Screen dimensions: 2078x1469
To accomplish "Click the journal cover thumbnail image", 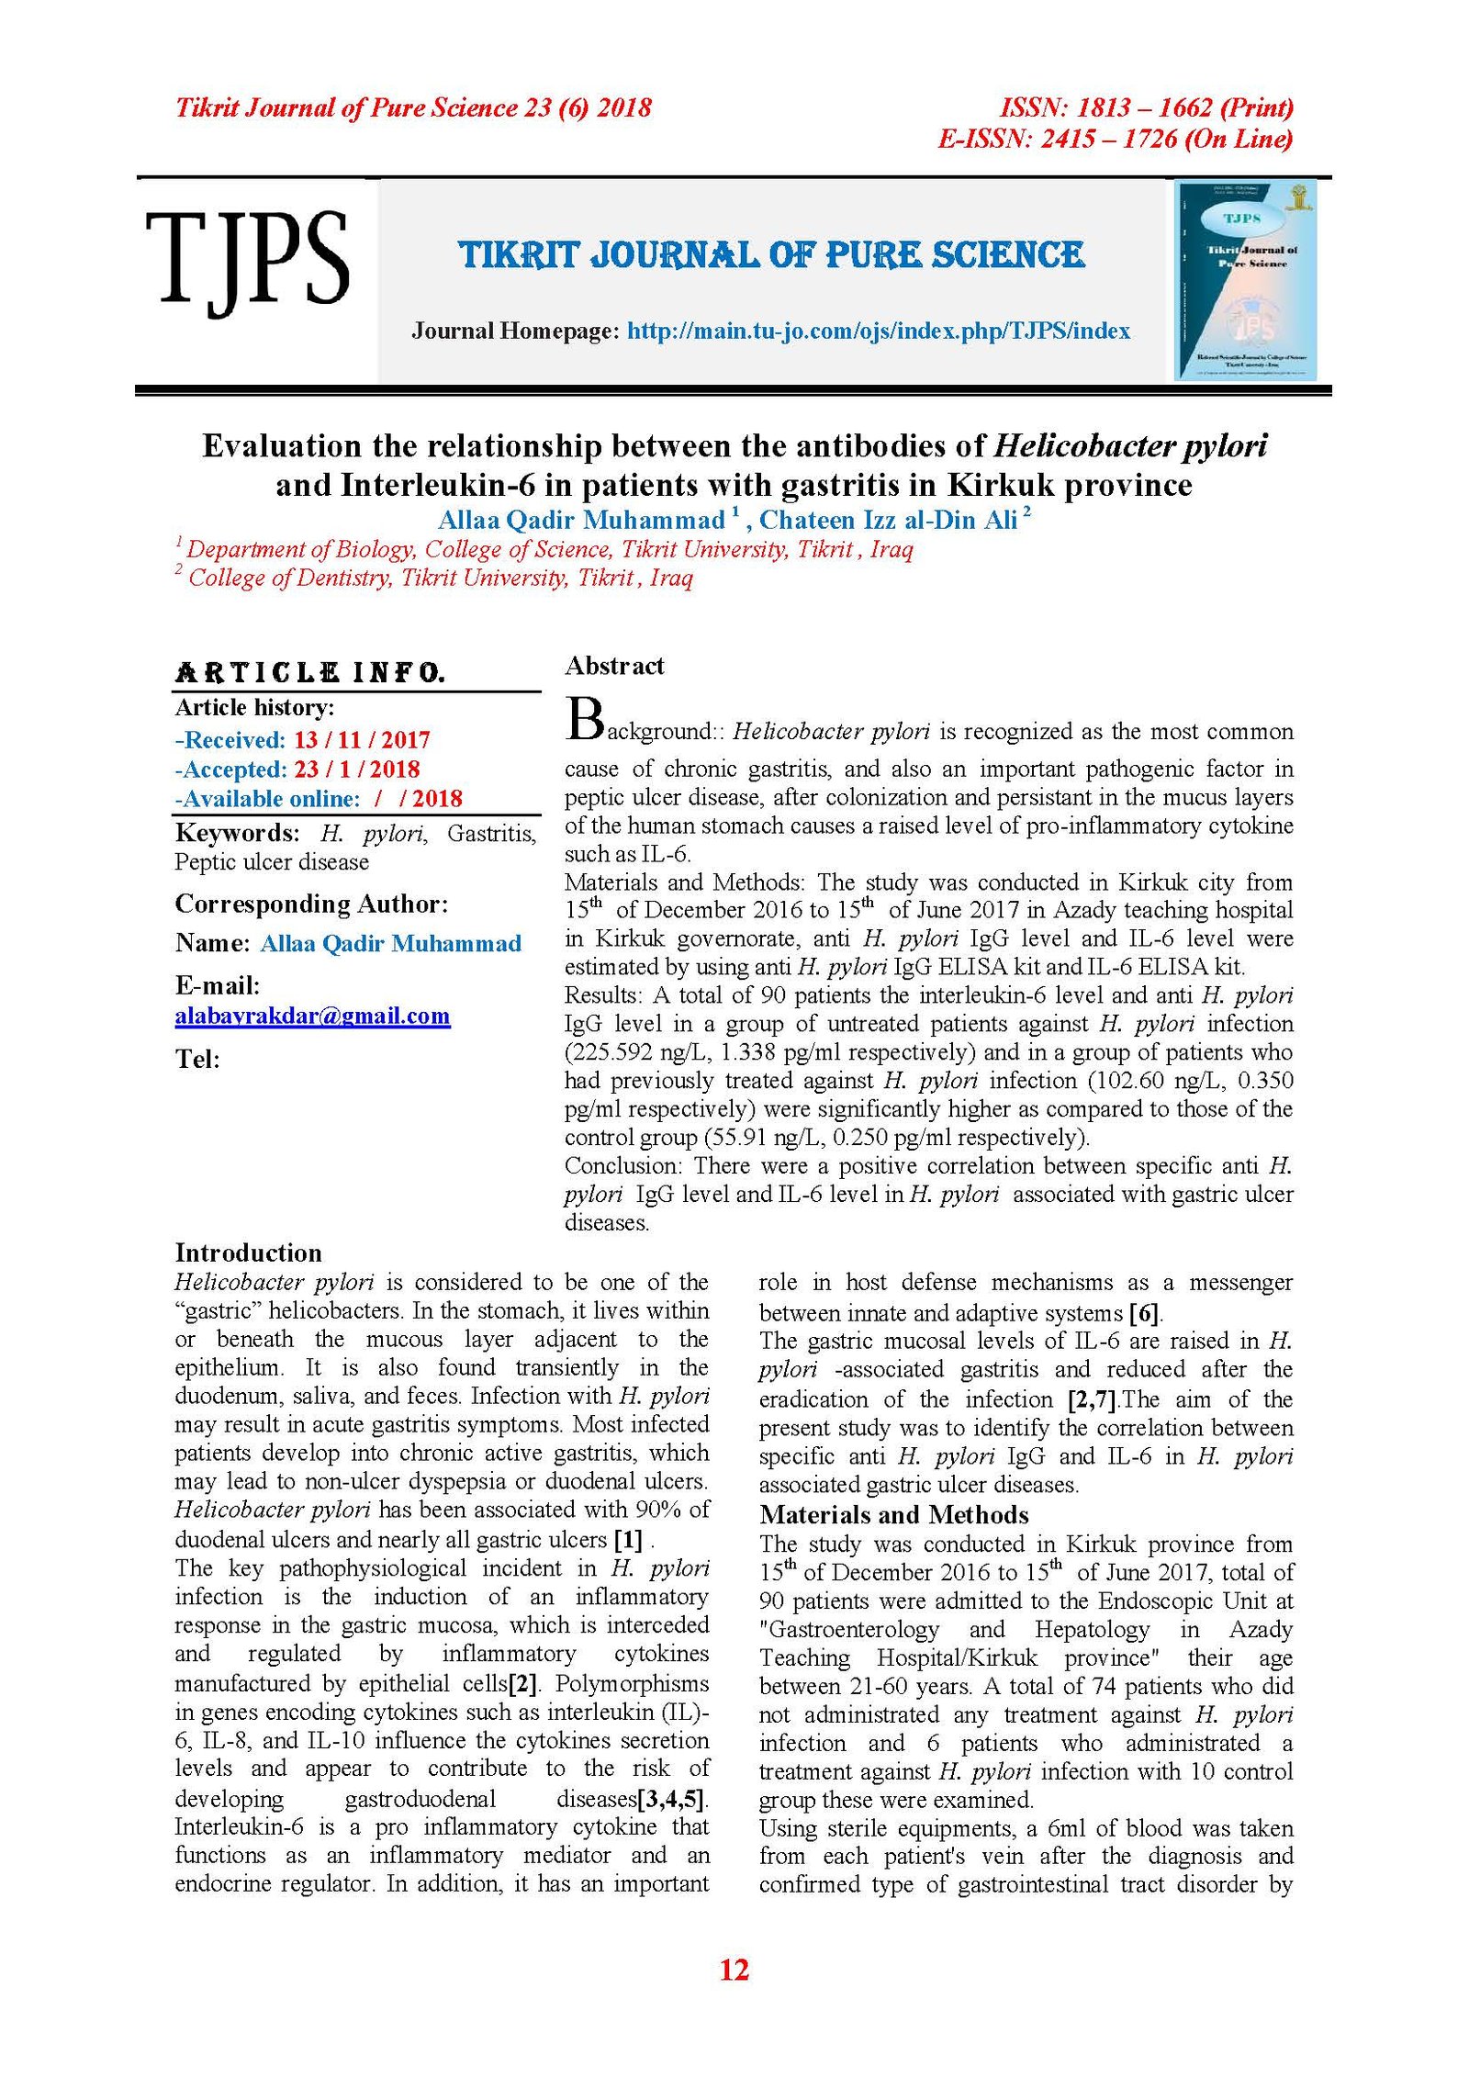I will (1246, 279).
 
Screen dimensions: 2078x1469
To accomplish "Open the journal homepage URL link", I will (879, 331).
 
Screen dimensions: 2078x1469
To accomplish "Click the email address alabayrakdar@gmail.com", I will (312, 1016).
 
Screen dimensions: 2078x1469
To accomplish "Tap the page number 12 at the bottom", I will (734, 1970).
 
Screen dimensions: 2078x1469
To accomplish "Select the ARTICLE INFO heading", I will (310, 673).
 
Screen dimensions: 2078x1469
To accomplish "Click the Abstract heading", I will (614, 666).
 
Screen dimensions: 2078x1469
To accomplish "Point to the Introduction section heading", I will (248, 1252).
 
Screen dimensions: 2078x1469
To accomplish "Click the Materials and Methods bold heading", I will (893, 1514).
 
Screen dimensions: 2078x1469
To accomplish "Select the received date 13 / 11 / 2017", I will (362, 740).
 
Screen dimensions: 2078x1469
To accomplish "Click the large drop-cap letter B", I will (584, 720).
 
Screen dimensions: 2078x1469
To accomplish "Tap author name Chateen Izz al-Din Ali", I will (888, 521).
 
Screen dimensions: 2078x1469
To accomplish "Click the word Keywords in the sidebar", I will (237, 833).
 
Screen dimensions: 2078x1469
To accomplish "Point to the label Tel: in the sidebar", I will (197, 1059).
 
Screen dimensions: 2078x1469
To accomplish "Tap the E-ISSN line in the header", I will (1115, 139).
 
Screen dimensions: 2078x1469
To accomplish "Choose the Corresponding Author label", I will (311, 904).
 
